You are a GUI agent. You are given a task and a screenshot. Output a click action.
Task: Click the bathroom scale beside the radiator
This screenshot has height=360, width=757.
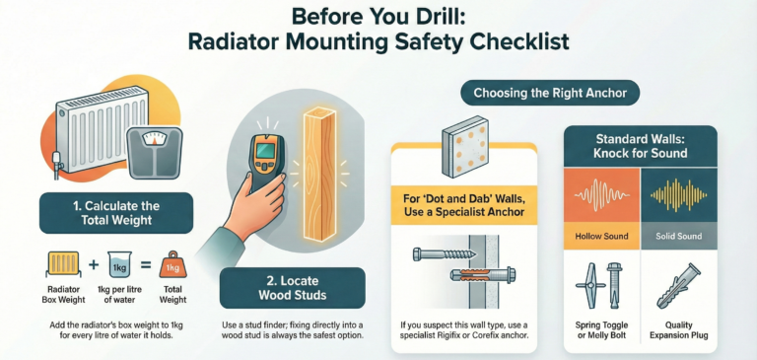point(154,153)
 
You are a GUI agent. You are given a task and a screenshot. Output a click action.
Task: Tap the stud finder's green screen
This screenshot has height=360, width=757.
point(265,150)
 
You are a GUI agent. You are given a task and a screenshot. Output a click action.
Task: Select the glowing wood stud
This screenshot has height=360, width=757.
point(319,174)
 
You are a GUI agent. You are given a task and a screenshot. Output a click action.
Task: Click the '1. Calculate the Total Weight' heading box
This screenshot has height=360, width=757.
point(116,213)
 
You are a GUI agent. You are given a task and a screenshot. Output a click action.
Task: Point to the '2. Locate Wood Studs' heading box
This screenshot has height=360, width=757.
point(293,288)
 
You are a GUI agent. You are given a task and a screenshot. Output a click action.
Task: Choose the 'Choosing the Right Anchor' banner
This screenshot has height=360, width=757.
point(550,93)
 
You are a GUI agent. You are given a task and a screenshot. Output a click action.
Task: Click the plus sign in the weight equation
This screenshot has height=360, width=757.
point(94,264)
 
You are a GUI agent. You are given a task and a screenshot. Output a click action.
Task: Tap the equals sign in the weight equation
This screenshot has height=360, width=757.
point(146,264)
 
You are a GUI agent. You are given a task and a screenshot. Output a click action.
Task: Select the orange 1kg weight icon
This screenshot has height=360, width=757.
point(172,264)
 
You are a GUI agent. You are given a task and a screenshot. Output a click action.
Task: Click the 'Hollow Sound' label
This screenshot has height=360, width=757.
point(601,237)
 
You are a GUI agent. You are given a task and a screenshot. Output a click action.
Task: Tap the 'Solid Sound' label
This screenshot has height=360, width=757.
point(678,237)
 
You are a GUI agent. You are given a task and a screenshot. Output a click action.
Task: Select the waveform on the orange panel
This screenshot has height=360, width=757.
point(601,195)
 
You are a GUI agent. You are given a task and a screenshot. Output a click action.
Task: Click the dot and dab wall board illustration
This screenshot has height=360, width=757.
point(465,145)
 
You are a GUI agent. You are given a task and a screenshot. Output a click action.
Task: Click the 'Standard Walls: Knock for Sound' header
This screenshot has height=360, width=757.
point(640,146)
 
